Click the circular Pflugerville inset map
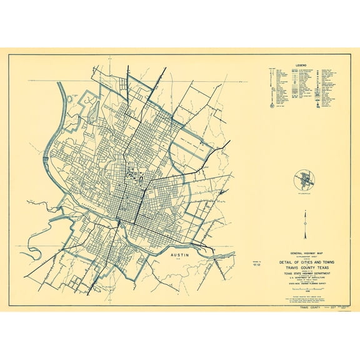click(x=305, y=181)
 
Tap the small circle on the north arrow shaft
click(x=305, y=223)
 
